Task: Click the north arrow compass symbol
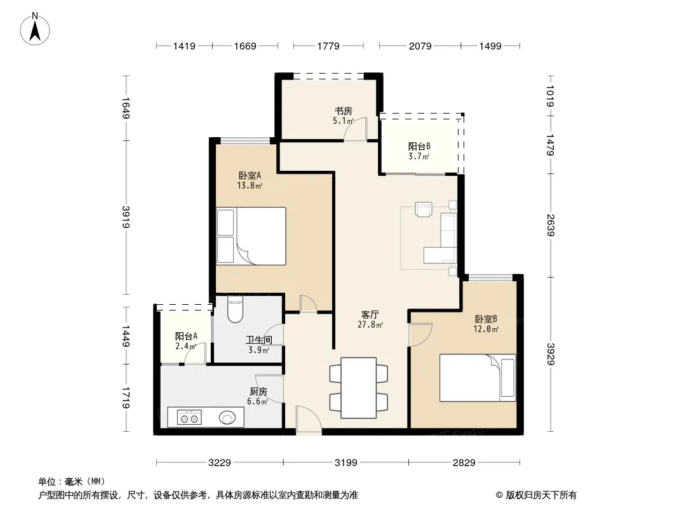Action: point(35,29)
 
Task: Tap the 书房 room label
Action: point(343,111)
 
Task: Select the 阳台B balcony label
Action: point(419,146)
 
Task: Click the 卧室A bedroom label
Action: point(250,176)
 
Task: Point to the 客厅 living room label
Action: point(370,314)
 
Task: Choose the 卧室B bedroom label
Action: point(486,319)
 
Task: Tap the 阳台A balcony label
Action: point(186,336)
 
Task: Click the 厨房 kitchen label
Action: point(258,391)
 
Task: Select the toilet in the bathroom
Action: point(236,309)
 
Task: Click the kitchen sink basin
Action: point(227,418)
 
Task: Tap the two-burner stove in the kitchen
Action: point(189,418)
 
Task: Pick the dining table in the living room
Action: point(358,387)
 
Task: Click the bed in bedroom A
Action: point(251,236)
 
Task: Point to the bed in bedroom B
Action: point(478,378)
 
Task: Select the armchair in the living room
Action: point(423,208)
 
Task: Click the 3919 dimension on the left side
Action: point(126,217)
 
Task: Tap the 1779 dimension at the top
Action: point(328,46)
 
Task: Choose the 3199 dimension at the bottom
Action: point(346,463)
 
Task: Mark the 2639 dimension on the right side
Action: point(551,225)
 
